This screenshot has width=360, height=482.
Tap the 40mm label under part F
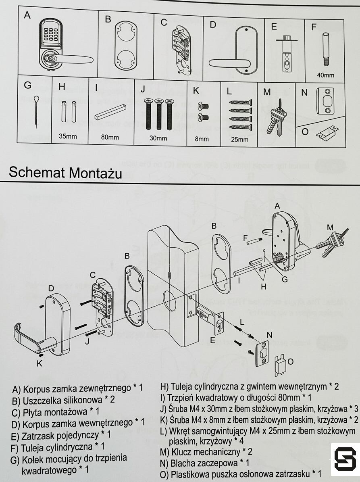(x=326, y=75)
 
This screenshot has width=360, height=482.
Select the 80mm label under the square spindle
(x=110, y=137)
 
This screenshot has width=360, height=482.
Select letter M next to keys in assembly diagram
(x=330, y=227)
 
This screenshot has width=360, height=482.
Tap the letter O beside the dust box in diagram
(x=290, y=361)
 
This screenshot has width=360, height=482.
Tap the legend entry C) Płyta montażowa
(x=56, y=412)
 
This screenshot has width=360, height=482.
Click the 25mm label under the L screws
(x=240, y=140)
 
